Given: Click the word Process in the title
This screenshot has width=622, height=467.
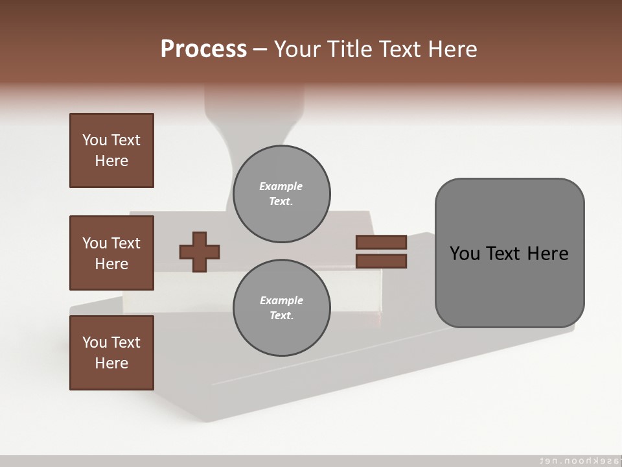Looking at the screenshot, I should (203, 49).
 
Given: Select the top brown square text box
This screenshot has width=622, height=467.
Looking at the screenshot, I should (111, 150).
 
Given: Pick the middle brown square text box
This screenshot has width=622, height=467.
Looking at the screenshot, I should (111, 253).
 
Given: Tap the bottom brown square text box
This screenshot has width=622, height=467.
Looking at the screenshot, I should (111, 353).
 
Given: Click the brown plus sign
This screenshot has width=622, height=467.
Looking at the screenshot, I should (200, 252).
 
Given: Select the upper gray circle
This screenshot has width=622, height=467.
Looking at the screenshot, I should (281, 194).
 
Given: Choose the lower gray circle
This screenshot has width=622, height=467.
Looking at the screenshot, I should (281, 308).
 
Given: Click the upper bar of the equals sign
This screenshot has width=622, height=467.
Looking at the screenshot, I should (381, 242).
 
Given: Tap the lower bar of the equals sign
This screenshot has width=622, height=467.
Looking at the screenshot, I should (381, 261).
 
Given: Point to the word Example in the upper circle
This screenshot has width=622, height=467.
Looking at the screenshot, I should (281, 186).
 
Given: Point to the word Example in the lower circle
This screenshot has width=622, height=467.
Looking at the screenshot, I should (281, 300).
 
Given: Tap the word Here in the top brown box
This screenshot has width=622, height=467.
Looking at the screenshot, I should (111, 161).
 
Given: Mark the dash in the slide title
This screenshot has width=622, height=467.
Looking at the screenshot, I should (260, 49).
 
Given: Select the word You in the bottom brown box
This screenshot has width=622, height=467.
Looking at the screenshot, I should (95, 342).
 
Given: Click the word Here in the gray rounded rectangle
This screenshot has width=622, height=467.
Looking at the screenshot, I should (547, 254).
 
